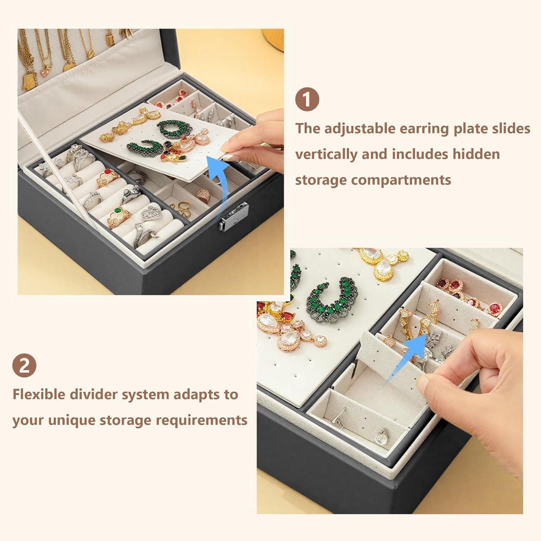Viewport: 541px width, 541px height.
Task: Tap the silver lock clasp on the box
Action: tap(233, 215)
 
